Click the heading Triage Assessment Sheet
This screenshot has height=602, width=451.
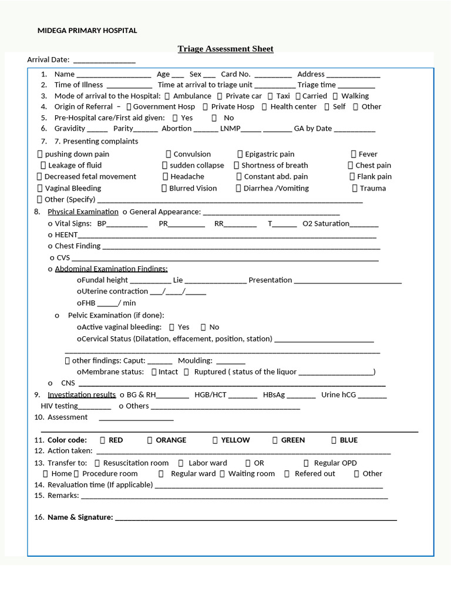click(225, 49)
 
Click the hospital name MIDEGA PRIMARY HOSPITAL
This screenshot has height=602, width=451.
click(87, 31)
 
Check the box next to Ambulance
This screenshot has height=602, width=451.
click(168, 96)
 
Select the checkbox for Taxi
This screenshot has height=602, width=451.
click(271, 96)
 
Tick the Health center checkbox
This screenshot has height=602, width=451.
click(265, 107)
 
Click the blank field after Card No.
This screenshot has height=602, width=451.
click(274, 75)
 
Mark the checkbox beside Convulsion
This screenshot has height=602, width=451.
click(169, 155)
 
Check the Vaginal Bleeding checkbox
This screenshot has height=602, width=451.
click(40, 189)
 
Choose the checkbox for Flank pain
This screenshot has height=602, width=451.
click(352, 177)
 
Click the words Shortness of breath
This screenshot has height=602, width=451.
click(274, 166)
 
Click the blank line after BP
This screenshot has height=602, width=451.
click(127, 225)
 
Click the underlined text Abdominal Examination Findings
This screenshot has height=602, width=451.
click(111, 269)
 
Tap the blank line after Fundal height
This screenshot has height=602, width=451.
click(150, 281)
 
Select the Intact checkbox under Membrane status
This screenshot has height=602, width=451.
click(154, 372)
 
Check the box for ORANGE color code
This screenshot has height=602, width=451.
click(150, 440)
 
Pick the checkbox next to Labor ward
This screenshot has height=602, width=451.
click(182, 463)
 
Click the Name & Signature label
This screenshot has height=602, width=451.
click(80, 517)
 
